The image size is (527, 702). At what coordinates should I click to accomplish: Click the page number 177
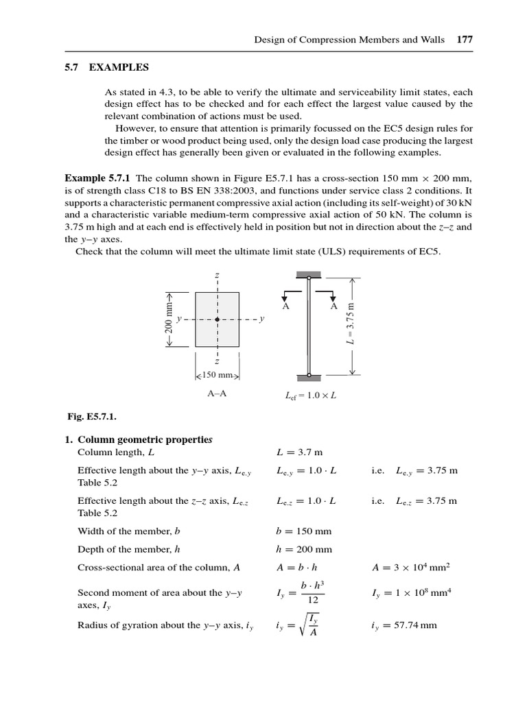[465, 40]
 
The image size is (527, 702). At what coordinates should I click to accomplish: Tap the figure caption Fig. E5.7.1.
[86, 415]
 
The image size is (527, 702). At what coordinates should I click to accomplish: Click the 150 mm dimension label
[218, 376]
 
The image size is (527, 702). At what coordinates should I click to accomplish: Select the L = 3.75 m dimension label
[351, 324]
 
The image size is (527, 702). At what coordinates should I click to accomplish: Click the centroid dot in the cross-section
[218, 319]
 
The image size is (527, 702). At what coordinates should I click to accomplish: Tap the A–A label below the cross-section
[217, 395]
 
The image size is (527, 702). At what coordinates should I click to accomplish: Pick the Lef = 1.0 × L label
[310, 396]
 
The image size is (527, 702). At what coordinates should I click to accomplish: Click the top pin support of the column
[309, 278]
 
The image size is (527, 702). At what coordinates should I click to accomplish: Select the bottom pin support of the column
[309, 375]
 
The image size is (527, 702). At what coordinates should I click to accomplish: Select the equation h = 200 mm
[303, 549]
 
